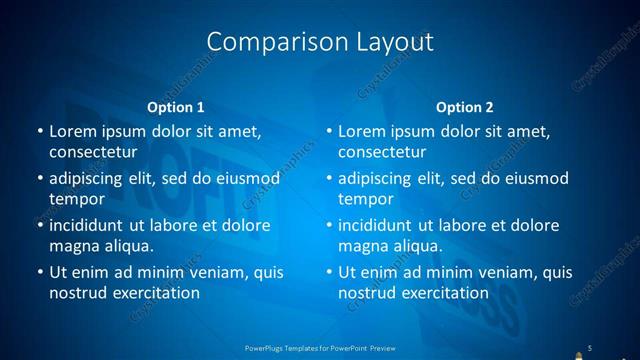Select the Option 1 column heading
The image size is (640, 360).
pos(176,107)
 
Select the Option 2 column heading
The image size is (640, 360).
pos(465,107)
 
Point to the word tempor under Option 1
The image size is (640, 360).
pos(73,199)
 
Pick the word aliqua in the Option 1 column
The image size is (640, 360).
pos(125,246)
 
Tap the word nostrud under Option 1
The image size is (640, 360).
pos(74,293)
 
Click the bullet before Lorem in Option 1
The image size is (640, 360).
pos(39,131)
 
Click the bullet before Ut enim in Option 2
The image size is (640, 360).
pos(329,272)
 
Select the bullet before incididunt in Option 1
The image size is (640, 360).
pos(39,225)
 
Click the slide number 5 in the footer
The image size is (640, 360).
pos(590,347)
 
